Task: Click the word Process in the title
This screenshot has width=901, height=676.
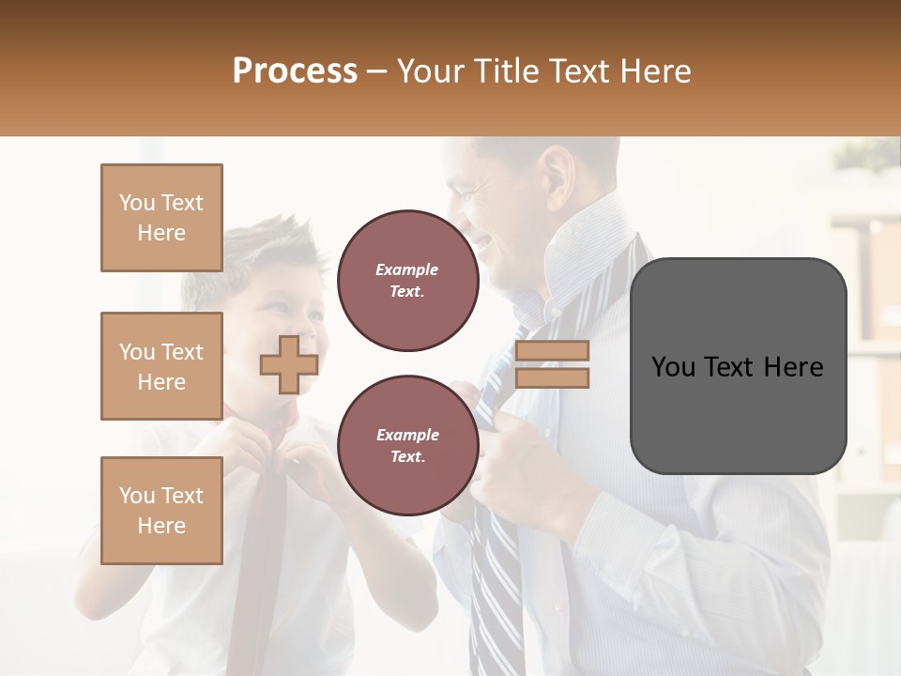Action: (x=295, y=71)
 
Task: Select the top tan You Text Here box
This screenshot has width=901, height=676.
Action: (x=161, y=218)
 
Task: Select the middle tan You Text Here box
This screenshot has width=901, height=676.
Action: (x=161, y=366)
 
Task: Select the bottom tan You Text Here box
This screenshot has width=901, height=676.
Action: (x=161, y=511)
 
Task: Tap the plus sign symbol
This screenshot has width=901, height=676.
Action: (x=289, y=364)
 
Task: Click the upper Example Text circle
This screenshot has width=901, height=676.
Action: (x=407, y=281)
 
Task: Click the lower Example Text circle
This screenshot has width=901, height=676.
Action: (x=407, y=446)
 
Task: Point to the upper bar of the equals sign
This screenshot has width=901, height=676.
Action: (x=552, y=351)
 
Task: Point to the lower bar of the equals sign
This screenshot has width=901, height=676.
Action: (x=552, y=377)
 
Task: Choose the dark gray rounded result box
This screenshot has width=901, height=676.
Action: (x=738, y=366)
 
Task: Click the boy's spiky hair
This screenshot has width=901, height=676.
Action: (x=253, y=253)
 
